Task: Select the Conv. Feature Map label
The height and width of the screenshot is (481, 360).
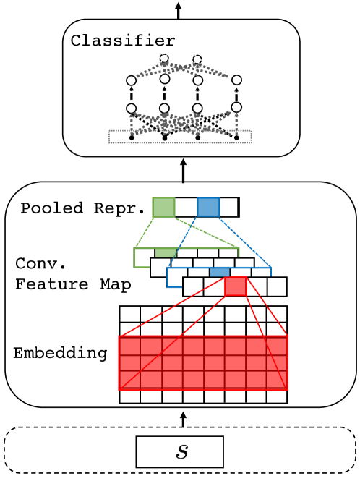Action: click(72, 274)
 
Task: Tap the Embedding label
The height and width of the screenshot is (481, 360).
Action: click(60, 354)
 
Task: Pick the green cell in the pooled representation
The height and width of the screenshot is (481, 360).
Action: click(163, 207)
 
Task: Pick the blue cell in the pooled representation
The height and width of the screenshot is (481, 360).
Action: click(208, 207)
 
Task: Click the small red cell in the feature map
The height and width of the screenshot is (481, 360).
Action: click(236, 287)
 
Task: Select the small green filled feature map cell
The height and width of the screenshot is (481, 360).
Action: click(166, 253)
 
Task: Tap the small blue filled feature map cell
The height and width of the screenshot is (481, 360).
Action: click(220, 272)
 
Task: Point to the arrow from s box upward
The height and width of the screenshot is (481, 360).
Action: click(182, 420)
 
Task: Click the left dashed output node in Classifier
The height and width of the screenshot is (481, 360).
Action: click(164, 59)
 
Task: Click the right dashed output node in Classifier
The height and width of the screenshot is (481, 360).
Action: click(197, 59)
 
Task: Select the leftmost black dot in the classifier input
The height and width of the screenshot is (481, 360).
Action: click(131, 136)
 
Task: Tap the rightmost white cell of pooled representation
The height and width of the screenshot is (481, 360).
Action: click(228, 207)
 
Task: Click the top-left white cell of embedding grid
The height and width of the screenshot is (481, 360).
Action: click(129, 313)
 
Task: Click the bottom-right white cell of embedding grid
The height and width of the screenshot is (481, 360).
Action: click(277, 396)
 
